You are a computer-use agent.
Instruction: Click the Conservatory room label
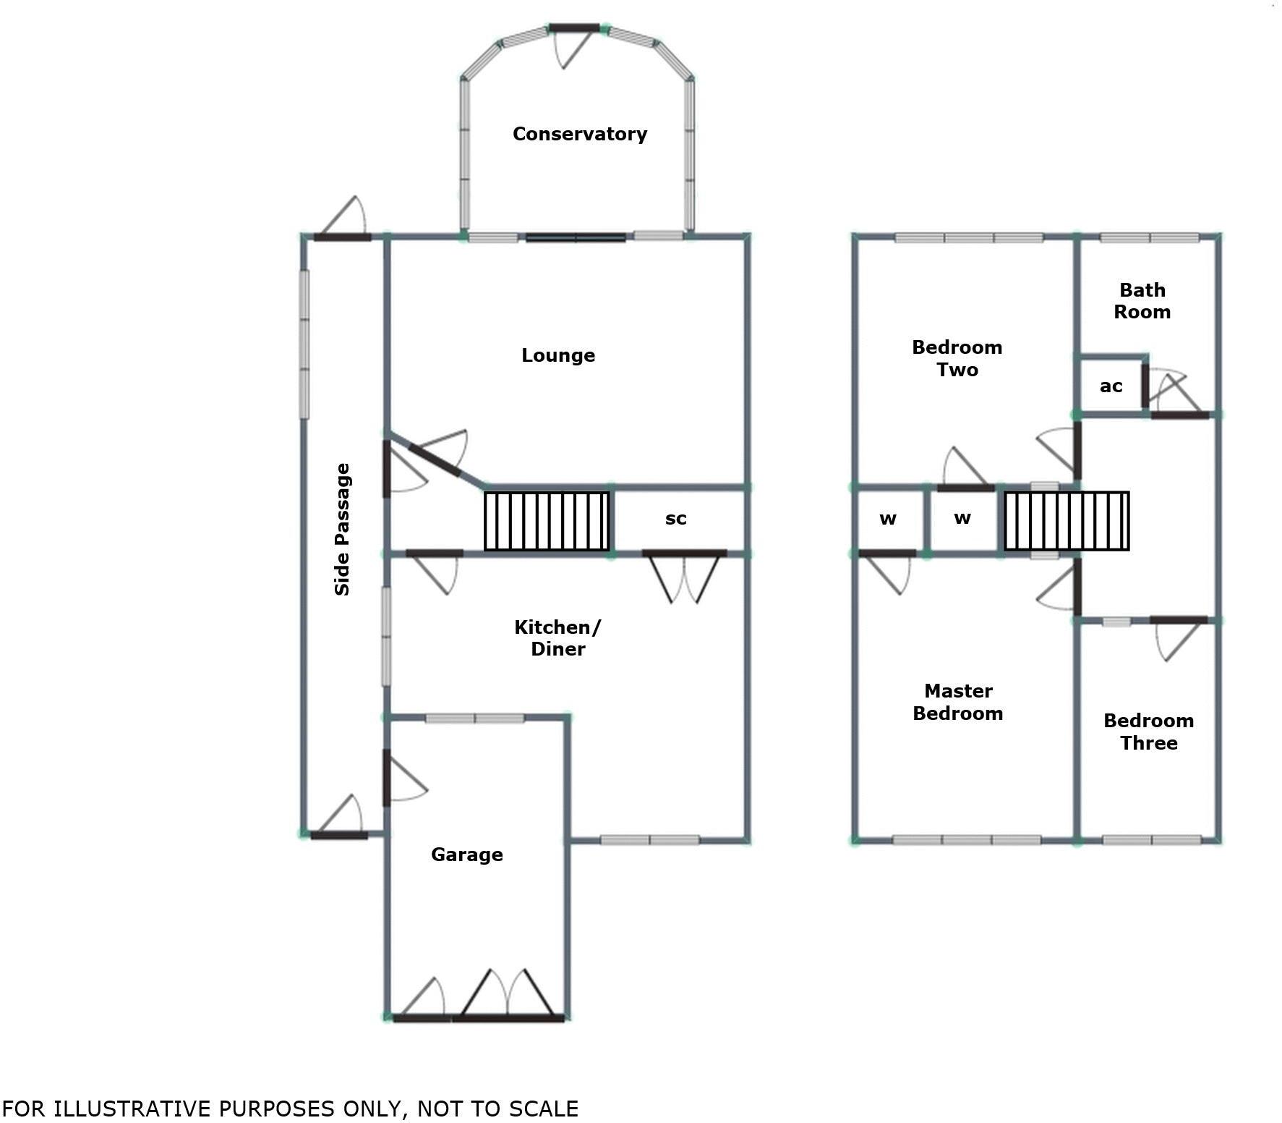click(579, 134)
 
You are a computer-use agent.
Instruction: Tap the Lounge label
click(557, 355)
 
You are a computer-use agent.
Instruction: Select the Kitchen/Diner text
click(557, 637)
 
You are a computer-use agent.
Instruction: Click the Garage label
click(466, 855)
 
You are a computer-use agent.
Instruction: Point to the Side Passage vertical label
click(342, 529)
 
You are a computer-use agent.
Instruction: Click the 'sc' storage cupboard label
click(675, 519)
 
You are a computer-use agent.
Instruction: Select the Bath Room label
click(1142, 301)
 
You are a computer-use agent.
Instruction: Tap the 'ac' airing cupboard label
click(1111, 386)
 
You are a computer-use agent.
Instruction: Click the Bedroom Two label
click(957, 358)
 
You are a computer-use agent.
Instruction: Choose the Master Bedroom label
click(957, 702)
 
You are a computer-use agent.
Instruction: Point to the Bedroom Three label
click(1148, 732)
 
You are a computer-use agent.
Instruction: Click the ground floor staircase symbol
click(547, 521)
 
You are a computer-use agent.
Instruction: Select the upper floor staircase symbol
click(1067, 521)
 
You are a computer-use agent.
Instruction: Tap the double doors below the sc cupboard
click(684, 575)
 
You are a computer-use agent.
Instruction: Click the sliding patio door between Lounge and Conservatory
click(576, 237)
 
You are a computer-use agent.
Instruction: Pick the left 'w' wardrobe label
click(888, 519)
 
